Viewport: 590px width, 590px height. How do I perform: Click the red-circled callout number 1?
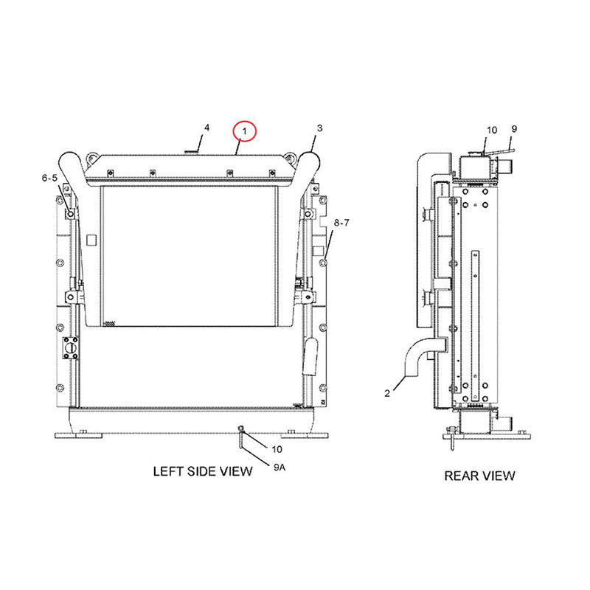[x=245, y=131]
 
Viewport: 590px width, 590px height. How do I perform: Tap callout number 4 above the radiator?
[x=206, y=128]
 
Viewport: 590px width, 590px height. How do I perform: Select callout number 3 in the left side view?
[x=319, y=128]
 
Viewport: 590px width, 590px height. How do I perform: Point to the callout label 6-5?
[x=49, y=178]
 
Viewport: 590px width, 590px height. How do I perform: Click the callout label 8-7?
[x=341, y=223]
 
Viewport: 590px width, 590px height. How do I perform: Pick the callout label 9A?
[x=280, y=468]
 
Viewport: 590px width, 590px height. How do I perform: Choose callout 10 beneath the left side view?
[x=277, y=449]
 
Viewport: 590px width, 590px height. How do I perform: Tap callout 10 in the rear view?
[x=492, y=131]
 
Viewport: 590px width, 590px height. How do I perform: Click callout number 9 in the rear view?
[x=514, y=129]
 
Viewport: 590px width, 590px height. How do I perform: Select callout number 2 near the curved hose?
[x=387, y=393]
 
